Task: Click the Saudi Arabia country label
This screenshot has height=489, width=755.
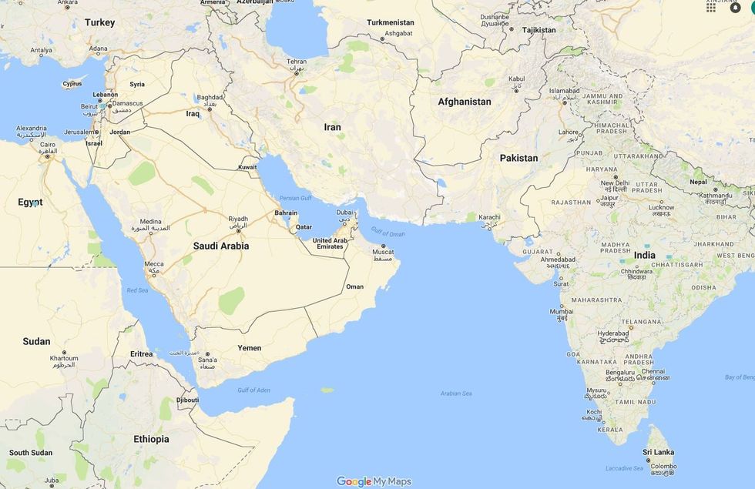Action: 220,246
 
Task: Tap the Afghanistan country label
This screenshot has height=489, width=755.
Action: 464,102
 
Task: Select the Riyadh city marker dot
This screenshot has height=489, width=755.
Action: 238,230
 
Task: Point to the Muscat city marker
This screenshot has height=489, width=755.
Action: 383,246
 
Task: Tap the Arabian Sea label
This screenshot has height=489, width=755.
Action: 455,394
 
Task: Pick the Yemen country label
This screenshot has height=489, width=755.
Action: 249,348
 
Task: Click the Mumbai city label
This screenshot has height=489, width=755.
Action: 561,312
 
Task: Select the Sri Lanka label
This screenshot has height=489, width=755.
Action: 659,452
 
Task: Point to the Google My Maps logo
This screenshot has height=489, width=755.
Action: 374,481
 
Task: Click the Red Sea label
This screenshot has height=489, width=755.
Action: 137,290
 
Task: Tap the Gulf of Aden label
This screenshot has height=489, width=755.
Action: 253,390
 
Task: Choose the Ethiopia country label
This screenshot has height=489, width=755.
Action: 151,439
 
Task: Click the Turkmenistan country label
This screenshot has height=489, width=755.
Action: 391,22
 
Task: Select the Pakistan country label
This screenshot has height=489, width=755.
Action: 518,158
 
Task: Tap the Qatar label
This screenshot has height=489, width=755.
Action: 304,227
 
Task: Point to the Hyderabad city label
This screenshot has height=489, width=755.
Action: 612,333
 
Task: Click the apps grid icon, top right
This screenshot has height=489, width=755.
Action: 711,7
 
